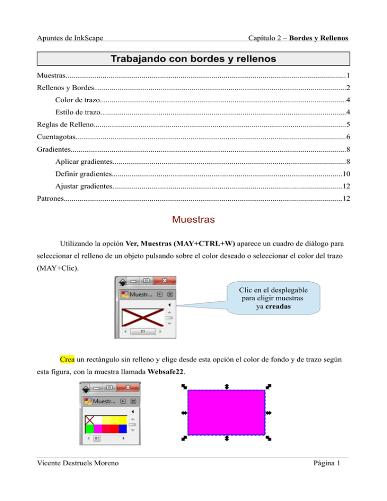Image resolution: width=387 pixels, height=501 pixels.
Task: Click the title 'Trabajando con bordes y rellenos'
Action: pyautogui.click(x=193, y=59)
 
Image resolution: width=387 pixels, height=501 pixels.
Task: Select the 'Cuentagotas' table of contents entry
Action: pyautogui.click(x=57, y=138)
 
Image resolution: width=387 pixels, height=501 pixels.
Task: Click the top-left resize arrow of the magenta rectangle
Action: pyautogui.click(x=184, y=387)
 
